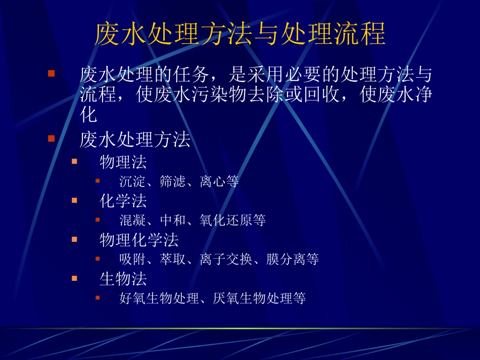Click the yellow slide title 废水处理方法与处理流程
coord(240,34)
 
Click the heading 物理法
coord(123,162)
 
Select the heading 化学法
coord(123,201)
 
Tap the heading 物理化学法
coord(139,240)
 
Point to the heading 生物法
coord(123,279)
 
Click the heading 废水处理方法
coord(135,140)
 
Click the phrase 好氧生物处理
coord(159,298)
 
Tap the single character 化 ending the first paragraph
coord(88,116)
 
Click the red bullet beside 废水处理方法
coord(51,138)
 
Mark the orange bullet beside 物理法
coord(74,161)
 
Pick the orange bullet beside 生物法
coord(74,278)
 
